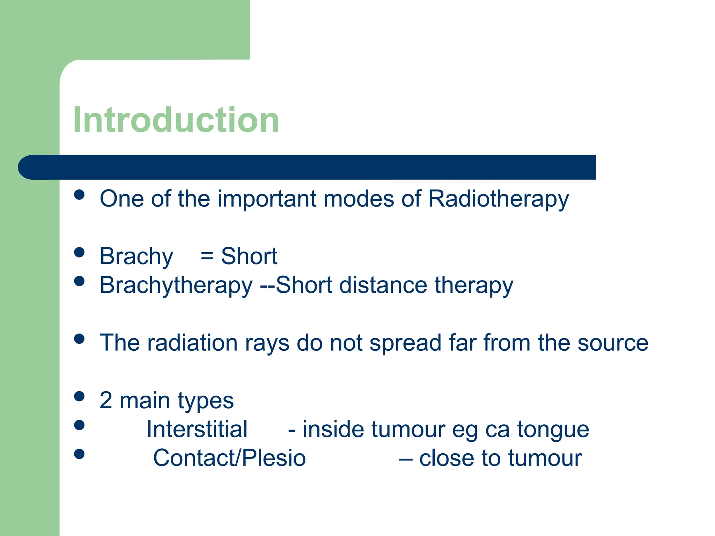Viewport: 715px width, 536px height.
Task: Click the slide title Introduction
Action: (176, 120)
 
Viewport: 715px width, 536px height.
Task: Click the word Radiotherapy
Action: (498, 199)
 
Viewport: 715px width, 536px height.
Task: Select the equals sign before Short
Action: (207, 256)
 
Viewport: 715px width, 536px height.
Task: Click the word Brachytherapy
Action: (176, 285)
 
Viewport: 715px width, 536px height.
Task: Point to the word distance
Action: (383, 285)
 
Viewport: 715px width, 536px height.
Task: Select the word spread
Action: (405, 343)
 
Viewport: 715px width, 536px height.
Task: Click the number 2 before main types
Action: (106, 400)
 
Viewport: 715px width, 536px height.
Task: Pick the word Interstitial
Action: (197, 429)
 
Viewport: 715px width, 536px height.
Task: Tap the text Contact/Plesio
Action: (229, 458)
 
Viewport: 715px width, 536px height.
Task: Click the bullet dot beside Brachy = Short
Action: (80, 252)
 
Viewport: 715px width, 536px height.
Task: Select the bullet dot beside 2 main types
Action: (80, 396)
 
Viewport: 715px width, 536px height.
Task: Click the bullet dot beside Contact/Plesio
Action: (80, 454)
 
